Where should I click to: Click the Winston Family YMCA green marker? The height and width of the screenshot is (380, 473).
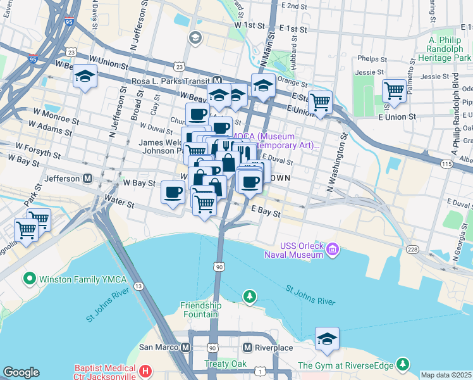click(x=28, y=278)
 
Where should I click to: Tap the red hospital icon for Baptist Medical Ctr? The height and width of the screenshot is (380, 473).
click(x=145, y=370)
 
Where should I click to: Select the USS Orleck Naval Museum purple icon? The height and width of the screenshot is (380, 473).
click(x=331, y=252)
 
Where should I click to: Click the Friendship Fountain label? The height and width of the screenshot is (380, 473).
click(x=199, y=310)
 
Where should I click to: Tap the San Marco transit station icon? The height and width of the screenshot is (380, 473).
click(x=185, y=347)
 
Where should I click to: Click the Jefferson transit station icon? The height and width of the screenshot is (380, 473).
click(x=87, y=179)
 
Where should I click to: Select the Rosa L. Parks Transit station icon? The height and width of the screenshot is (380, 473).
click(x=217, y=81)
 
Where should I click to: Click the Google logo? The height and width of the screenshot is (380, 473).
click(x=21, y=372)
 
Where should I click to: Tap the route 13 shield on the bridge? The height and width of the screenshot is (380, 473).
click(x=138, y=288)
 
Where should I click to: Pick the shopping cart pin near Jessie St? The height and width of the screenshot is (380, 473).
click(x=394, y=90)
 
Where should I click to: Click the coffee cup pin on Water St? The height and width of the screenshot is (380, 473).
click(x=173, y=193)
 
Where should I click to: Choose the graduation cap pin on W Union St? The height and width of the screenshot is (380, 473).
click(x=84, y=77)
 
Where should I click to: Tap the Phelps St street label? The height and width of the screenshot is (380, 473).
click(x=367, y=58)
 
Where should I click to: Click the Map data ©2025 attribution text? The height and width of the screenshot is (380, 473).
click(x=446, y=375)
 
